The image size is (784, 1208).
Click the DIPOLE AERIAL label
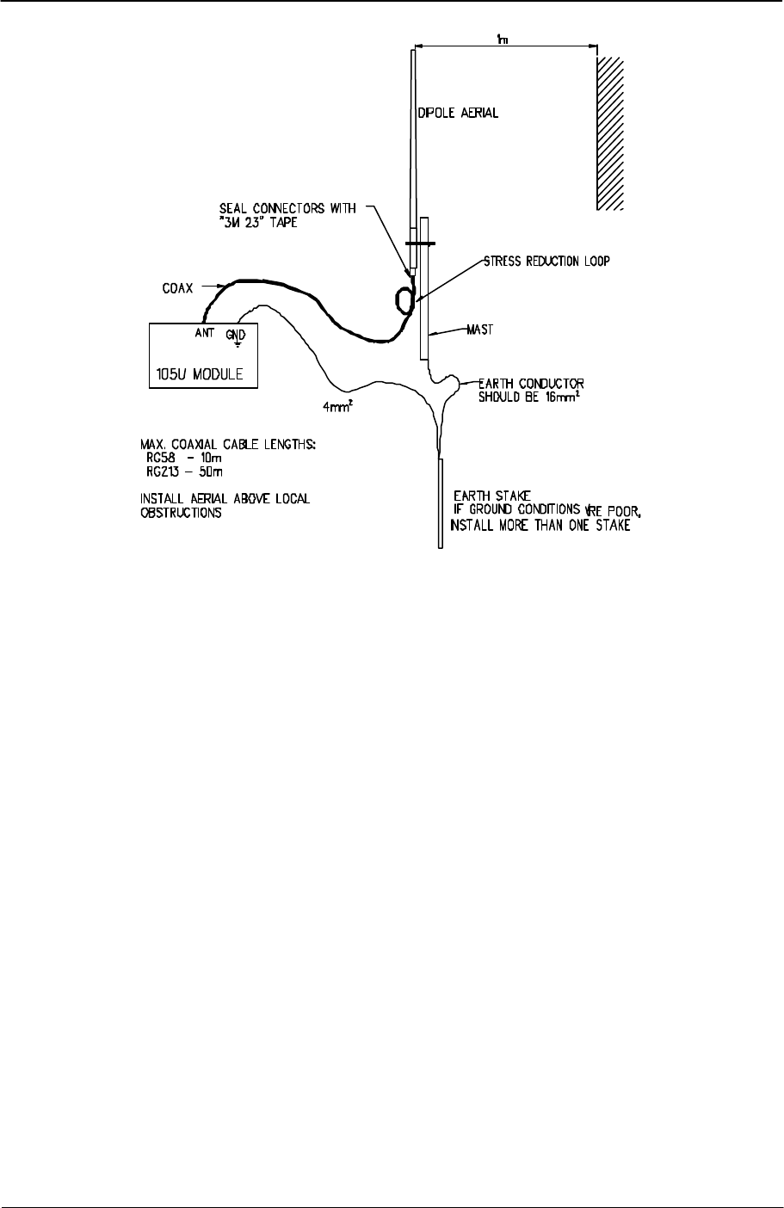pyautogui.click(x=458, y=114)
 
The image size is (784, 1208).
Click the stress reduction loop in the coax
pyautogui.click(x=404, y=299)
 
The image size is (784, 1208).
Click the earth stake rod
pyautogui.click(x=441, y=503)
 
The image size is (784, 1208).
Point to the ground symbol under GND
pyautogui.click(x=237, y=343)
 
